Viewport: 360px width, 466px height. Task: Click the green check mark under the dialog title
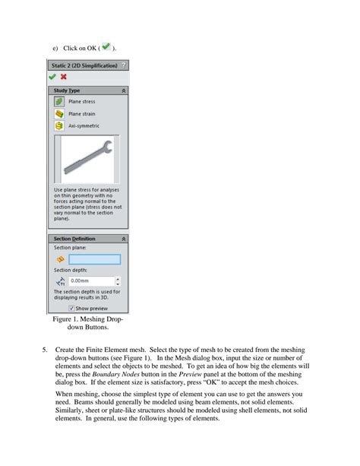pyautogui.click(x=52, y=77)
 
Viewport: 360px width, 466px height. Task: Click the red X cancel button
pyautogui.click(x=63, y=77)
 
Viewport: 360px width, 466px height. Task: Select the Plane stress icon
pyautogui.click(x=58, y=101)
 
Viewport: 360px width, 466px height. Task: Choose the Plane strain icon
pyautogui.click(x=58, y=113)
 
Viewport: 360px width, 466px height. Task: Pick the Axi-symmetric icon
pyautogui.click(x=58, y=125)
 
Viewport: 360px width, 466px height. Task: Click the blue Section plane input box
pyautogui.click(x=94, y=258)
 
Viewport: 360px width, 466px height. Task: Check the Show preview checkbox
pyautogui.click(x=71, y=309)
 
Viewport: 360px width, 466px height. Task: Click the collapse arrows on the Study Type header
pyautogui.click(x=124, y=90)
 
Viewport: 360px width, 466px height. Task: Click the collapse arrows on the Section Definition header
pyautogui.click(x=124, y=239)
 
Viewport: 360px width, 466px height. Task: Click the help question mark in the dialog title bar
pyautogui.click(x=124, y=65)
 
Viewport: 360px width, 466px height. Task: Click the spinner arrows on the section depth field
pyautogui.click(x=116, y=280)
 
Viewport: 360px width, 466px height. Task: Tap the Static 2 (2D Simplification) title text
pyautogui.click(x=84, y=65)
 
